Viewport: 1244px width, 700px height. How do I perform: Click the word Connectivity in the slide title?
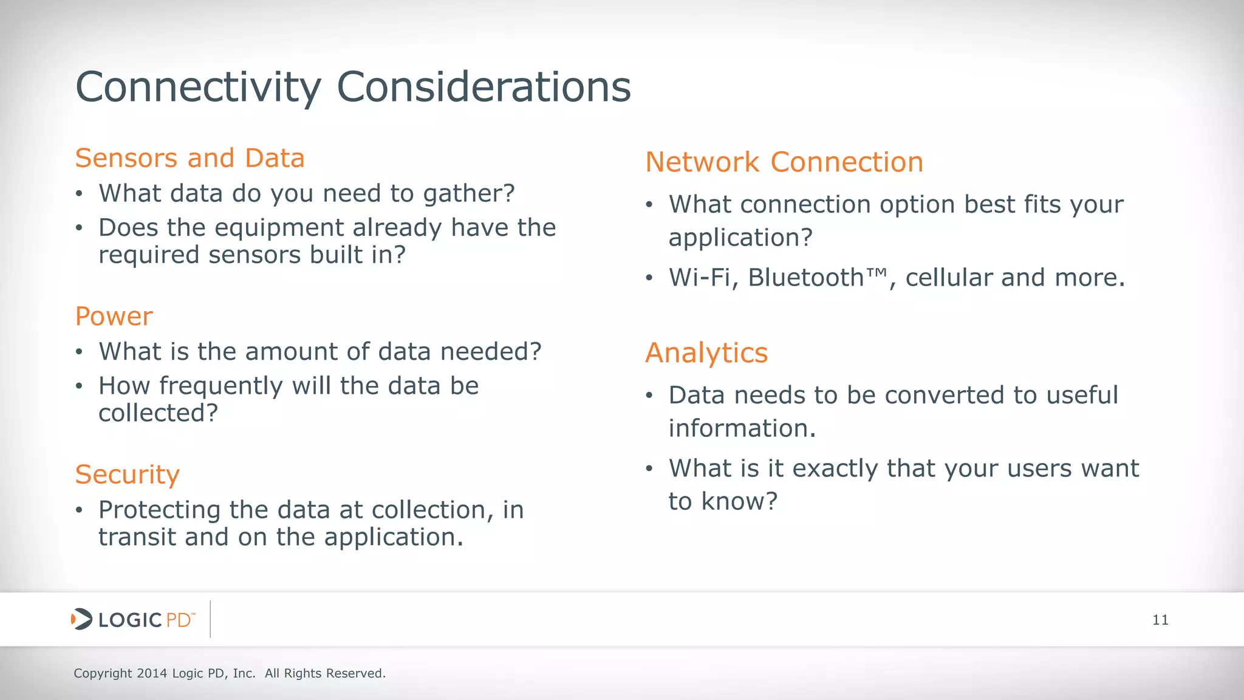(198, 88)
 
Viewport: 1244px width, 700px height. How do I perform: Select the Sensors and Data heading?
(190, 158)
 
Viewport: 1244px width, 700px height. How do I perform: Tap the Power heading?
(114, 317)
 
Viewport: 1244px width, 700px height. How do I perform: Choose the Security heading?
(127, 475)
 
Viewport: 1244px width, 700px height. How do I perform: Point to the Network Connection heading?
(784, 162)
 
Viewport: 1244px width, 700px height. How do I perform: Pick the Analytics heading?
(706, 353)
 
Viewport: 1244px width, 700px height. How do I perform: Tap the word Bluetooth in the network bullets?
(805, 278)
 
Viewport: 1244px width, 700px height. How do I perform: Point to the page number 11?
(1160, 620)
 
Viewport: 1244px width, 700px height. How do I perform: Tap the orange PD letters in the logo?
(179, 620)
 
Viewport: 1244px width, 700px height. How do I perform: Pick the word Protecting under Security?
(159, 510)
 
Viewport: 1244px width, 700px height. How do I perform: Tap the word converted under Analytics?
(945, 396)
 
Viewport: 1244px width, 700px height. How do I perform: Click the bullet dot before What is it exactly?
(649, 469)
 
